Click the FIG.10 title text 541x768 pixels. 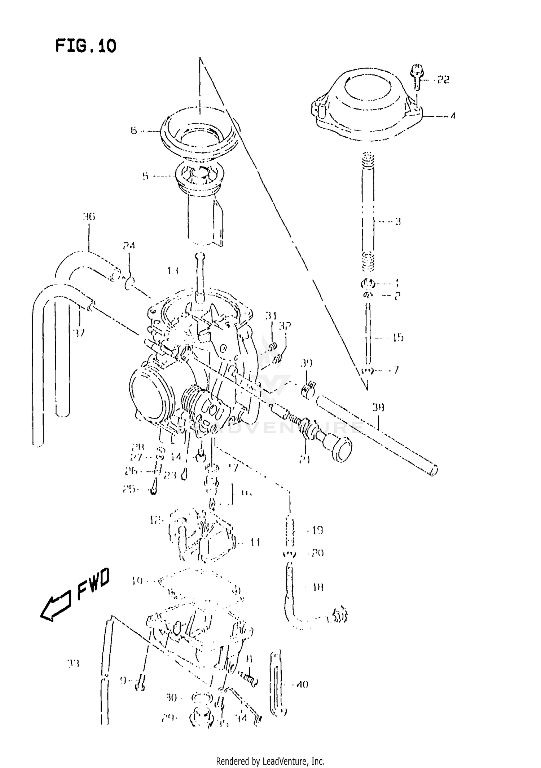point(86,46)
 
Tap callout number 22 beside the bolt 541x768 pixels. point(443,80)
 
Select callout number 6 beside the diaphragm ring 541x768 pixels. point(134,130)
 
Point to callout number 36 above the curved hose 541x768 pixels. point(88,217)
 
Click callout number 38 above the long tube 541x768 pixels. point(378,408)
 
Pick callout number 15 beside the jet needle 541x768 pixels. point(398,338)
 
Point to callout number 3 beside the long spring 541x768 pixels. point(398,221)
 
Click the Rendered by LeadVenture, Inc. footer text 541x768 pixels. point(270,756)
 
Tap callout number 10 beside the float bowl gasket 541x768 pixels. point(137,581)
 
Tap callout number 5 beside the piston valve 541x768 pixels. point(145,176)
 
